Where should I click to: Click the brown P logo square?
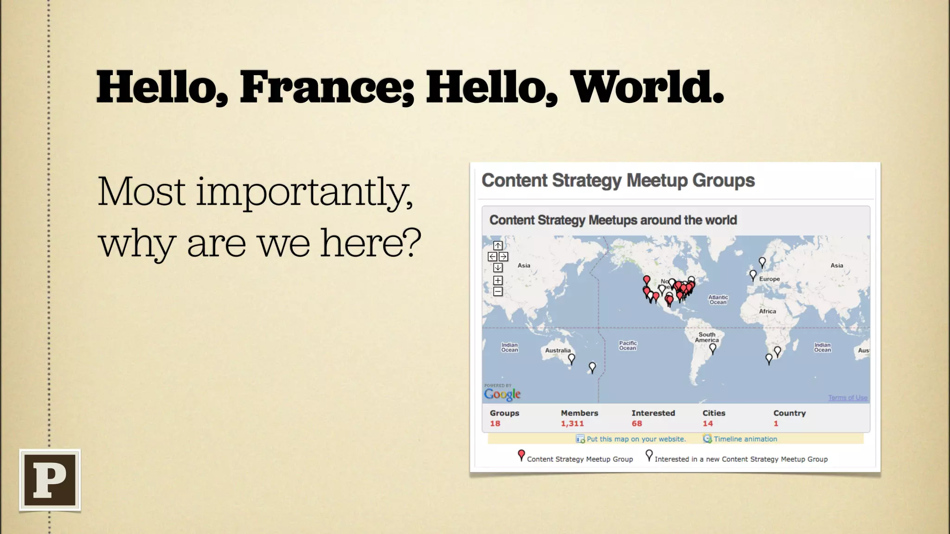[x=50, y=480]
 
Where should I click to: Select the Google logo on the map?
[x=502, y=394]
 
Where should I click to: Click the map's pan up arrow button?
[x=498, y=245]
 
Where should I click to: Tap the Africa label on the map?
[x=767, y=311]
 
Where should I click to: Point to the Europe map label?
[x=769, y=279]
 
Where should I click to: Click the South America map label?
[x=707, y=337]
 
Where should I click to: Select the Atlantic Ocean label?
[x=718, y=300]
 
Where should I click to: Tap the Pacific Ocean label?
[x=628, y=345]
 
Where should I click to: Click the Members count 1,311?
[x=572, y=424]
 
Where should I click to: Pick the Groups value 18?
[x=495, y=424]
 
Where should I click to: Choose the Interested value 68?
[x=636, y=424]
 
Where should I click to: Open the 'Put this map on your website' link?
[x=635, y=439]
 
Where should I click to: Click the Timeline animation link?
[x=745, y=439]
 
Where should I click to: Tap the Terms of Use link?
[x=847, y=398]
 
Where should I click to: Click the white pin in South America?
[x=713, y=348]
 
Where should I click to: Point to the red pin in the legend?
[x=521, y=455]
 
